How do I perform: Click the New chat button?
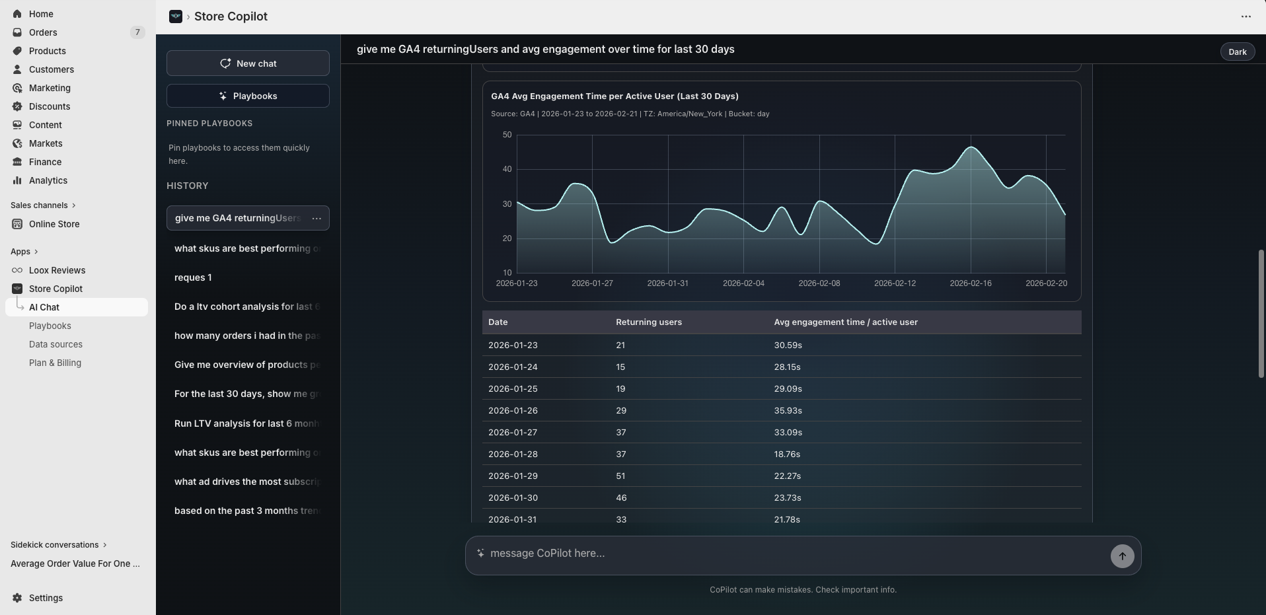248,63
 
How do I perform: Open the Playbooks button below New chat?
248,96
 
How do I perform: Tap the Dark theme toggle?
1237,52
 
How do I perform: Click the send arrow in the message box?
1122,556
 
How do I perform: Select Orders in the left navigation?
43,32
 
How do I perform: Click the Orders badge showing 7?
137,32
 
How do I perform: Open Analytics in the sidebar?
48,180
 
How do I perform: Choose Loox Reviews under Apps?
57,270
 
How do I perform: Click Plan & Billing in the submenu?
55,363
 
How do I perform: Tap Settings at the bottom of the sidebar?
46,598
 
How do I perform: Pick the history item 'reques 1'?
193,277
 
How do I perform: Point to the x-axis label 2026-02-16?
970,283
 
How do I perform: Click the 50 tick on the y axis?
507,135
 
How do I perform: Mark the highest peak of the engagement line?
971,147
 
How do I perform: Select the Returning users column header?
648,322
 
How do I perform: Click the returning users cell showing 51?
620,476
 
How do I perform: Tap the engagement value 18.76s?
787,454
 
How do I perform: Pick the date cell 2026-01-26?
513,411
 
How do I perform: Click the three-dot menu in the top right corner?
1246,17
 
